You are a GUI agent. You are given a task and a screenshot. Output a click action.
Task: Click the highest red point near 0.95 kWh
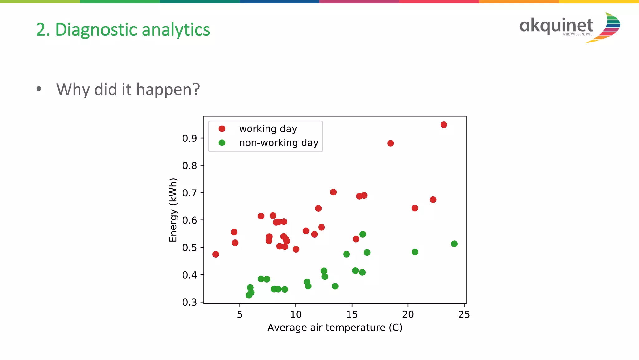point(444,125)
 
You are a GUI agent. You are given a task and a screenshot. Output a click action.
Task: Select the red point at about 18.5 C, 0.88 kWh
point(390,143)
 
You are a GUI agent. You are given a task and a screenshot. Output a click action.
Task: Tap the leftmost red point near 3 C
point(216,254)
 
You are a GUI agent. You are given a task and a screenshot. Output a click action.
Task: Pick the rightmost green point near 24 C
point(454,244)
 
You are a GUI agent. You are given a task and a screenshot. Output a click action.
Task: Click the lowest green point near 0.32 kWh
point(249,295)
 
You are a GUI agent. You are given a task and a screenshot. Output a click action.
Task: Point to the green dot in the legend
point(222,143)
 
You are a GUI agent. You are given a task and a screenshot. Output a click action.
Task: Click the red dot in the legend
point(222,129)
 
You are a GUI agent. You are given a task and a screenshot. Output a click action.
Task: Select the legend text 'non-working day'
point(278,143)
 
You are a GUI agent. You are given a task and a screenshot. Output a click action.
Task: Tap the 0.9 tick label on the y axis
point(189,138)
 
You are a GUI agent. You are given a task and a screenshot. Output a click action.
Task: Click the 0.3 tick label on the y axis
point(189,302)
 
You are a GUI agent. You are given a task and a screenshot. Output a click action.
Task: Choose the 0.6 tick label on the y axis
point(189,220)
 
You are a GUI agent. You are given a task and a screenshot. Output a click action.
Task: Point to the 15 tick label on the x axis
point(352,314)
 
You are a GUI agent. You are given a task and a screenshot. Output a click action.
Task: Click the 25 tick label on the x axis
point(464,314)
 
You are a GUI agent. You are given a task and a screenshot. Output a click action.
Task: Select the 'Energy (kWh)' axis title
point(173,210)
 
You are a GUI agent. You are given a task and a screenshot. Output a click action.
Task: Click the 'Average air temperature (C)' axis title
point(334,328)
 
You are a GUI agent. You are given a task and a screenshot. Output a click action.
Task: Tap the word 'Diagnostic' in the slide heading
point(96,30)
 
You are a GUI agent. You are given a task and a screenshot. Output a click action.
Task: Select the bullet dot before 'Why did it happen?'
point(39,89)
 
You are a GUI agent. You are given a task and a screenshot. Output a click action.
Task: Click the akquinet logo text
point(556,26)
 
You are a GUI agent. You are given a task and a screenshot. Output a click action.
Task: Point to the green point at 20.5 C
point(415,252)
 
